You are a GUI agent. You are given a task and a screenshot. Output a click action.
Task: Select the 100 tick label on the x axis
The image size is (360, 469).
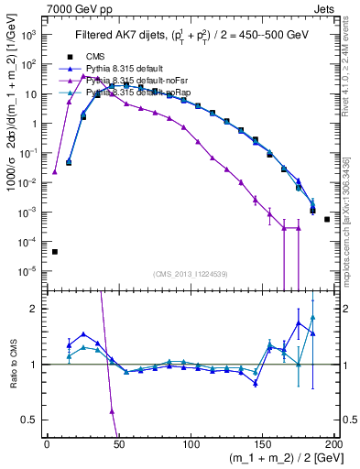coord(191,443)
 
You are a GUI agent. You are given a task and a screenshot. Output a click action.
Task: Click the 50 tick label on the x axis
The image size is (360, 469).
coord(118,443)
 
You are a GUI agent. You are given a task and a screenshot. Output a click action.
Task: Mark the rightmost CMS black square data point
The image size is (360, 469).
coord(327,219)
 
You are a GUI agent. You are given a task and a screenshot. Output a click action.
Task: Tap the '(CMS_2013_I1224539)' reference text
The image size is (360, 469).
coord(191,274)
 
